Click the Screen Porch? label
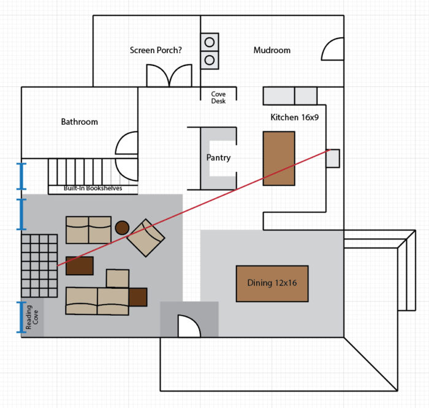coord(156,50)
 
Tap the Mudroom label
coord(272,50)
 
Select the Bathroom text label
coord(79,122)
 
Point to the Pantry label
coord(218,158)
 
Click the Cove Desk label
coord(218,97)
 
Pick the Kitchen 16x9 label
coord(295,117)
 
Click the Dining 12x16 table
coord(272,284)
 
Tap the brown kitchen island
coord(279,158)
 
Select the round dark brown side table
coord(122,228)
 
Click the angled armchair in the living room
coord(146,238)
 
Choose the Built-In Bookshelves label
coord(93,188)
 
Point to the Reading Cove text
coord(32,317)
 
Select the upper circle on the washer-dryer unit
coord(210,42)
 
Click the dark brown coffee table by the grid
coord(80,265)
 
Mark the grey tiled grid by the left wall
coord(39,265)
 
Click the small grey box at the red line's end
coord(333,158)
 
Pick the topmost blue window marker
coord(21,176)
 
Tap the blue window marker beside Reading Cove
coord(21,317)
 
